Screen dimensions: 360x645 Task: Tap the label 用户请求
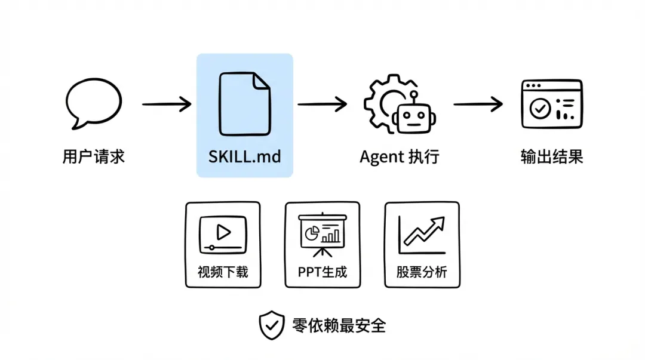[94, 157]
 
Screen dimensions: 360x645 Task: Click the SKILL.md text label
[244, 157]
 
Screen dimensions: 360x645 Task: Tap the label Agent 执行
[400, 157]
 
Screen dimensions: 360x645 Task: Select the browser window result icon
[551, 104]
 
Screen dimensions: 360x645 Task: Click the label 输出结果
[551, 157]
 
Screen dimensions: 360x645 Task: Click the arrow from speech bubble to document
[167, 104]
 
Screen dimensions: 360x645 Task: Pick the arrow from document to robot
[322, 104]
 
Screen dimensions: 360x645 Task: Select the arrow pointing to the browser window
[478, 104]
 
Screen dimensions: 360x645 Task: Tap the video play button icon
[223, 232]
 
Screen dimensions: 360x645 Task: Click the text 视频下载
[223, 272]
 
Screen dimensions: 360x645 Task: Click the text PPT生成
[322, 272]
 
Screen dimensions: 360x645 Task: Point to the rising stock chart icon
[422, 233]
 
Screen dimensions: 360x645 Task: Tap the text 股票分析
[422, 272]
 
